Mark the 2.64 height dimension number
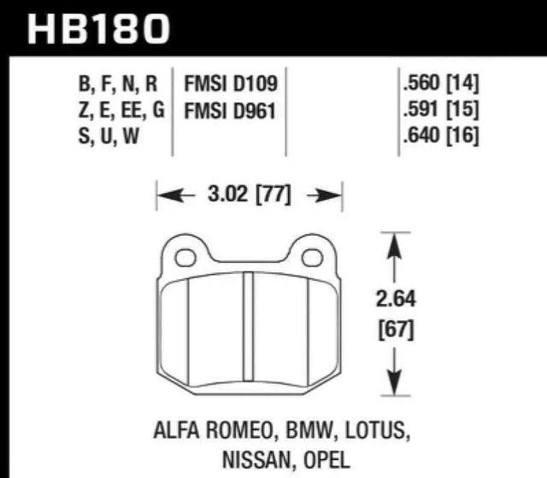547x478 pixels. (x=393, y=300)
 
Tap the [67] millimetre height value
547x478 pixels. (x=393, y=329)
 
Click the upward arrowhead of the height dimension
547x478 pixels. (x=393, y=244)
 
